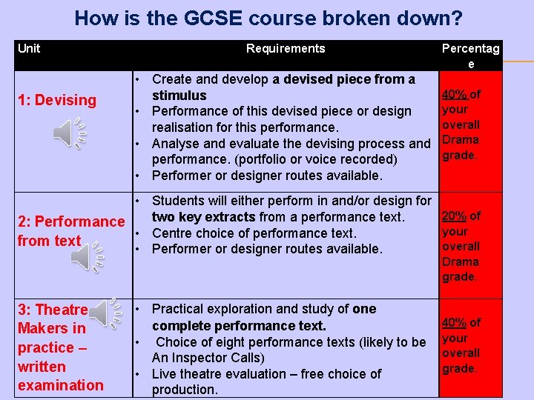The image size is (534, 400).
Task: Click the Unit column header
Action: pyautogui.click(x=29, y=49)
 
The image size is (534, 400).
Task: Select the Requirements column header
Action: pyautogui.click(x=286, y=49)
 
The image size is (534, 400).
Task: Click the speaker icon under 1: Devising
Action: pyautogui.click(x=70, y=133)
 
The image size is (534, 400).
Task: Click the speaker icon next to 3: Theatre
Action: pyautogui.click(x=111, y=313)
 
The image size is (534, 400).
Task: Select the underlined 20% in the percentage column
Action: pyautogui.click(x=453, y=216)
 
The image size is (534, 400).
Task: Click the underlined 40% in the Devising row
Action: pyautogui.click(x=453, y=94)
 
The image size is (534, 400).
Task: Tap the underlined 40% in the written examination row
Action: pyautogui.click(x=453, y=322)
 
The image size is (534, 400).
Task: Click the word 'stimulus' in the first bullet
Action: pyautogui.click(x=179, y=96)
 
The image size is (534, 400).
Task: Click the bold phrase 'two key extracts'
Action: pyautogui.click(x=203, y=217)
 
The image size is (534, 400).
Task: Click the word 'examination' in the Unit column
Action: pyautogui.click(x=61, y=385)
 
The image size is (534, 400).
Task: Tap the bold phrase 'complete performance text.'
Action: pyautogui.click(x=239, y=326)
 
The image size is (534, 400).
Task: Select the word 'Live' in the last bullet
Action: pyautogui.click(x=165, y=374)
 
